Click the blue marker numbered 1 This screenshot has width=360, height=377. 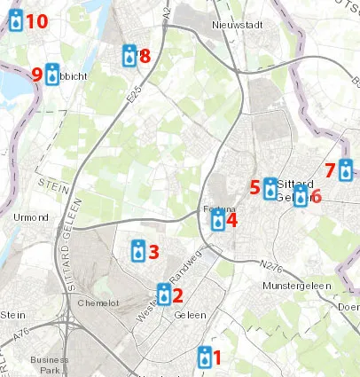pos(206,357)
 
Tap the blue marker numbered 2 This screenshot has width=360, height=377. pos(164,294)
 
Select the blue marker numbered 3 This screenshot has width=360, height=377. pos(138,251)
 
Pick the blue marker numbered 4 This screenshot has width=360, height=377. pos(218,218)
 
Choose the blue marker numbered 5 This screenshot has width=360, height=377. pos(270,188)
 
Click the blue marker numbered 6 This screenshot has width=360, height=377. pos(301,196)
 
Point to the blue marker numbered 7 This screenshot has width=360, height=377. pos(345,169)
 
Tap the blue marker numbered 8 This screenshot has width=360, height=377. pos(129,56)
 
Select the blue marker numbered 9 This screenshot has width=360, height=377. pos(52,75)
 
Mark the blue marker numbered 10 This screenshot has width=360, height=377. pos(16,20)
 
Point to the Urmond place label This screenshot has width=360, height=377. pos(32,216)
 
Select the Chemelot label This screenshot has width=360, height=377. pos(98,302)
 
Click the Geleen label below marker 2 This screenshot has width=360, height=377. pos(190,315)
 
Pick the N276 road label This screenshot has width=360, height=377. pos(275,264)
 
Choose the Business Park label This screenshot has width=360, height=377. pos(49,365)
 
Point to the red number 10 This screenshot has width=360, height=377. pos(36,20)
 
